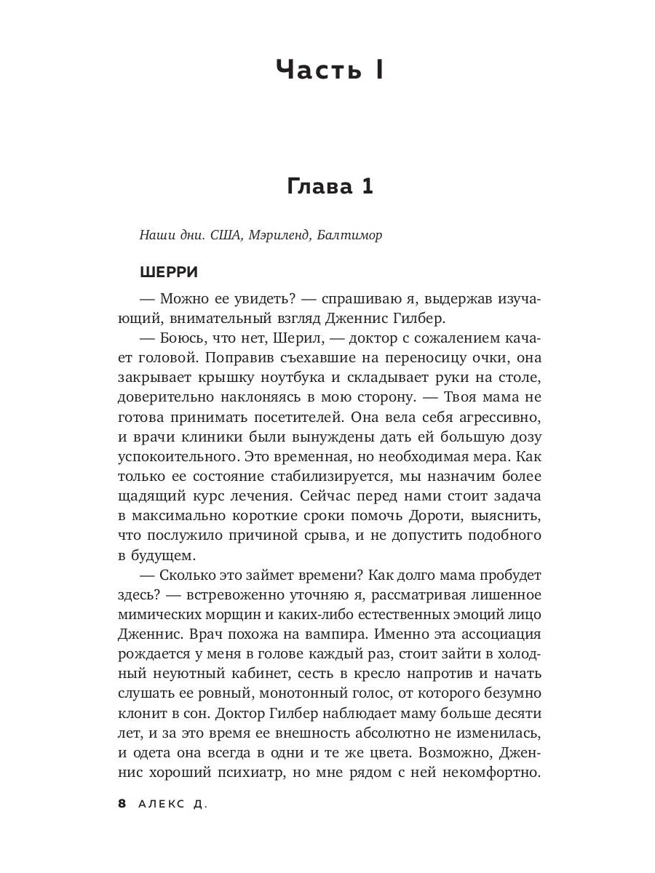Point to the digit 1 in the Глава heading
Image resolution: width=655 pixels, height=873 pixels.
[366, 186]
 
